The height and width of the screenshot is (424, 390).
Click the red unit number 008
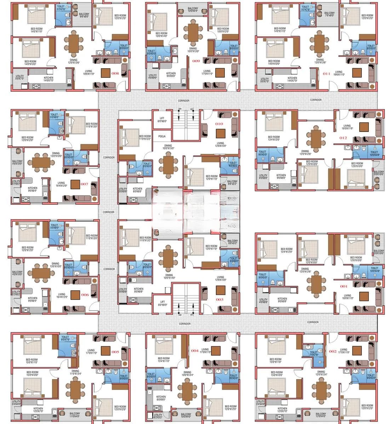(115, 74)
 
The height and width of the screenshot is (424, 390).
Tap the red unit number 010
(219, 124)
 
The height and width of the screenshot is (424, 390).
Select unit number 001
(344, 286)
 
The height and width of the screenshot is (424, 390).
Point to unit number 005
(115, 352)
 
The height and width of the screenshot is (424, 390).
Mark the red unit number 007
(84, 184)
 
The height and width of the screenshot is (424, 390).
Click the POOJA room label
(162, 136)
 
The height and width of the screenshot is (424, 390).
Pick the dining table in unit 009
(193, 33)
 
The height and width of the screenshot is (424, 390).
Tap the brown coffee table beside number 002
(357, 351)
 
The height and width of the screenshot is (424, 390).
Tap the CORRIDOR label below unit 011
(316, 100)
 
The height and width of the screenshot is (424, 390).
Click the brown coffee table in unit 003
(220, 290)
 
